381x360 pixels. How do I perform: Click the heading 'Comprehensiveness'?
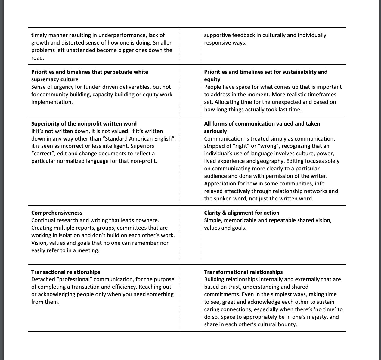(x=57, y=213)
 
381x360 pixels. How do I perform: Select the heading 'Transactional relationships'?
(x=66, y=272)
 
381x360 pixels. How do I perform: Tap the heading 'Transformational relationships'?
(x=243, y=272)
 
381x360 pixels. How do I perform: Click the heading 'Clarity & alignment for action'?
(x=242, y=213)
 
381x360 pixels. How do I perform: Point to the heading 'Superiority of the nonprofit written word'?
(x=84, y=124)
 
